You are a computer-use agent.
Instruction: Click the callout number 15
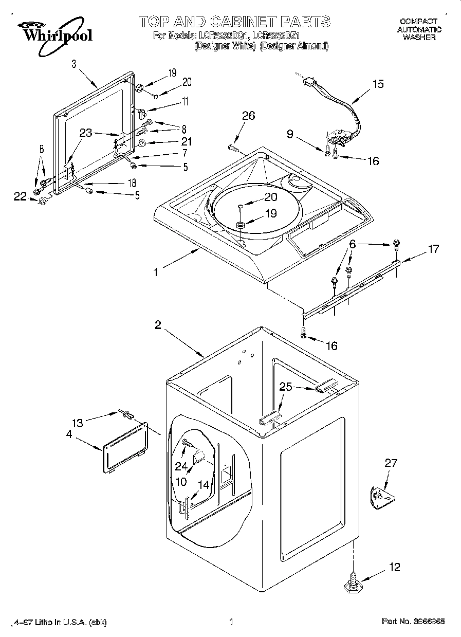[x=378, y=84]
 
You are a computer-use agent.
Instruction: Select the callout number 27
[x=391, y=463]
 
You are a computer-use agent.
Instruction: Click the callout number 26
[x=248, y=116]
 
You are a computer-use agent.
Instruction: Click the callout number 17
[x=433, y=249]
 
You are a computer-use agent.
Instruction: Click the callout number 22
[x=20, y=196]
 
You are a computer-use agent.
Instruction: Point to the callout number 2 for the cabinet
[x=158, y=325]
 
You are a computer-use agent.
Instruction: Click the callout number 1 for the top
[x=155, y=272]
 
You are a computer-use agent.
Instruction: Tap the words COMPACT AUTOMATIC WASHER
[x=418, y=29]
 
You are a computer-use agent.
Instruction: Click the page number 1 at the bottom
[x=231, y=622]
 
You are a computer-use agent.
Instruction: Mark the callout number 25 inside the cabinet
[x=286, y=387]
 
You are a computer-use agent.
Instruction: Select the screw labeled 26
[x=233, y=148]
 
